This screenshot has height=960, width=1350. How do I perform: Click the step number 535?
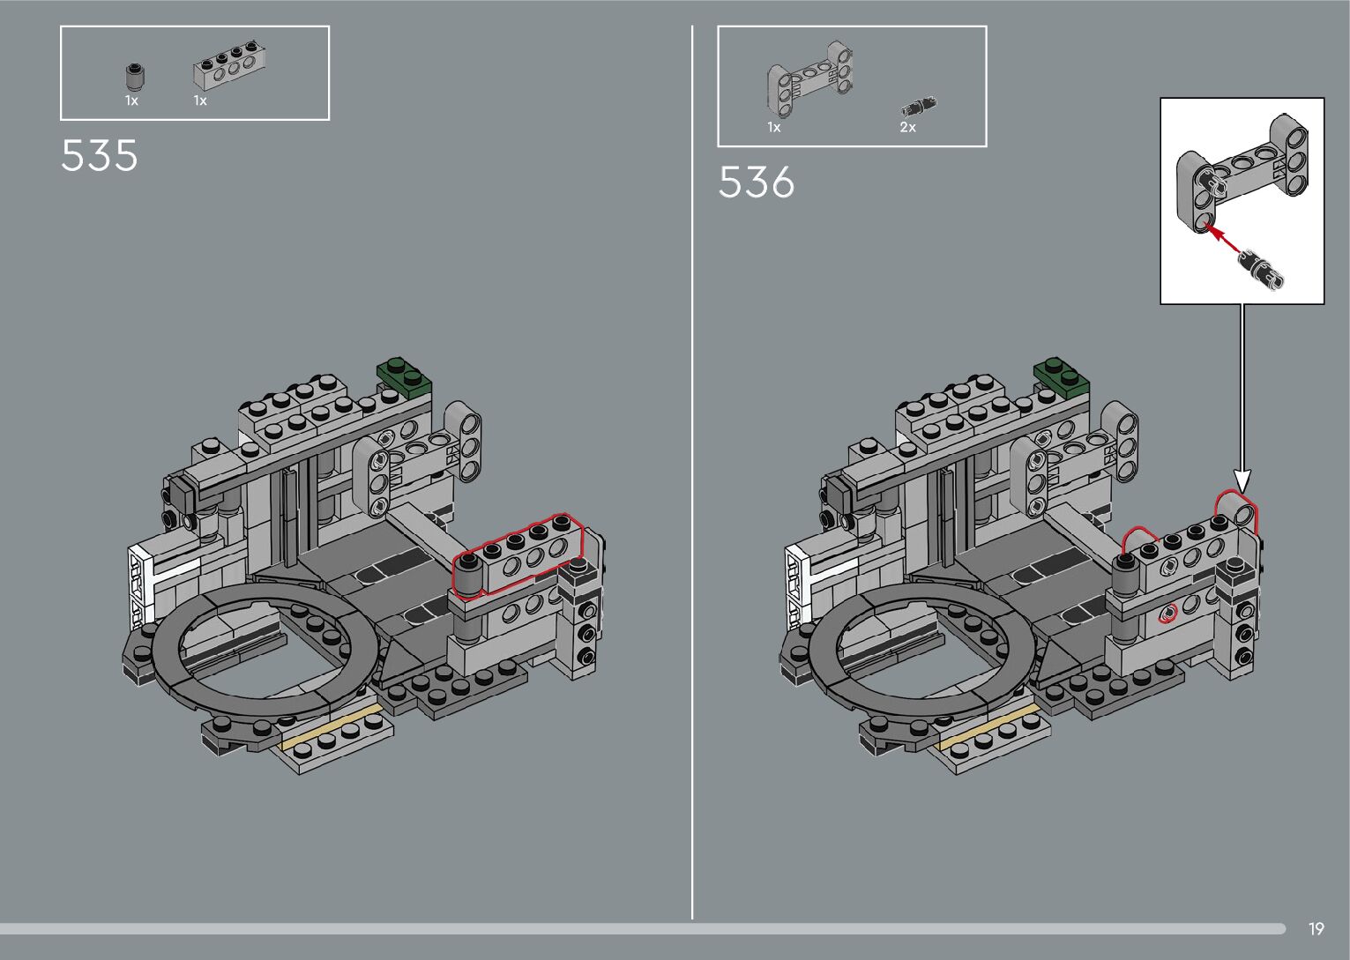click(x=100, y=155)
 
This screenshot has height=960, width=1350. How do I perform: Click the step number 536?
click(x=757, y=182)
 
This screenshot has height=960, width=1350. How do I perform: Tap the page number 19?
click(x=1316, y=928)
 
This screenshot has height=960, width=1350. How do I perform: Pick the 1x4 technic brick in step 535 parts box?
click(x=229, y=66)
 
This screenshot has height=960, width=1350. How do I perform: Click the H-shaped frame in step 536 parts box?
click(x=810, y=78)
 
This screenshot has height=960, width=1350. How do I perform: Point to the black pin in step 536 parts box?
click(x=919, y=107)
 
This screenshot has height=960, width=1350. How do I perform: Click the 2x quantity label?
click(x=907, y=127)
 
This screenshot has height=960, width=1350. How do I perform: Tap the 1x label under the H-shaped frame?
click(x=774, y=127)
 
